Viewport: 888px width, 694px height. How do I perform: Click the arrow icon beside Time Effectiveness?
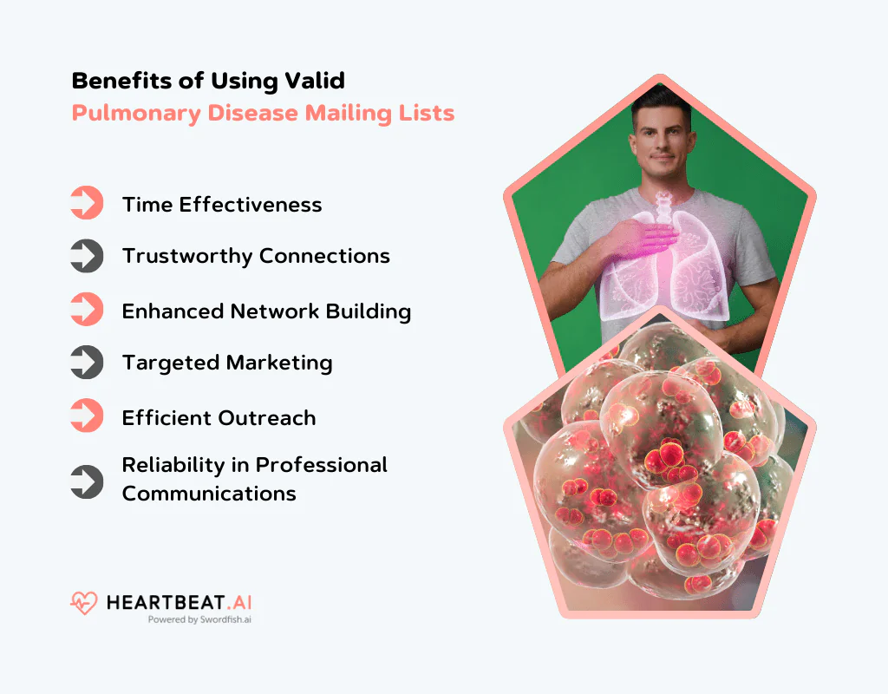(87, 204)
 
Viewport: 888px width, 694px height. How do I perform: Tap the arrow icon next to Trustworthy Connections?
(87, 256)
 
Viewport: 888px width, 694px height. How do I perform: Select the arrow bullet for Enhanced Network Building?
(87, 311)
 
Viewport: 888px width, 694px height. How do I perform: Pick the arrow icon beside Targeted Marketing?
(87, 363)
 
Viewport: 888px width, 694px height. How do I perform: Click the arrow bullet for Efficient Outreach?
(87, 417)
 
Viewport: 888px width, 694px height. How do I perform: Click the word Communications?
(208, 494)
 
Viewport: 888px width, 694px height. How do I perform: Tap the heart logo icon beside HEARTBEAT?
(84, 603)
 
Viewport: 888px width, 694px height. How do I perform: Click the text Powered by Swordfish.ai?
(199, 619)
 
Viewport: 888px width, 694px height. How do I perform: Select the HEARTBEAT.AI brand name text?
(179, 601)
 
